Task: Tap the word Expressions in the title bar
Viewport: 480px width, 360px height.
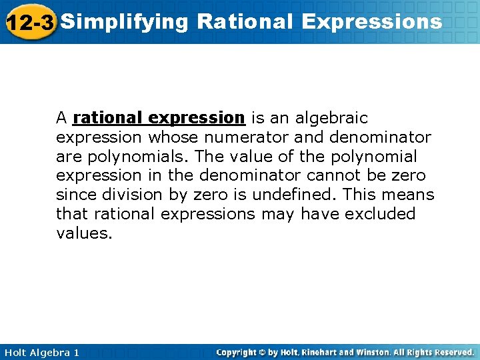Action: pos(371,22)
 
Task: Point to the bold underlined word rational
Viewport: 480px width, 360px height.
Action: pos(109,118)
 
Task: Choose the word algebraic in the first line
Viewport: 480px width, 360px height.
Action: pos(334,118)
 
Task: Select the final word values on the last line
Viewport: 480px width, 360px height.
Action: pos(83,233)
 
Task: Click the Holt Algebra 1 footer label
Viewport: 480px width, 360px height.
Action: pos(41,352)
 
